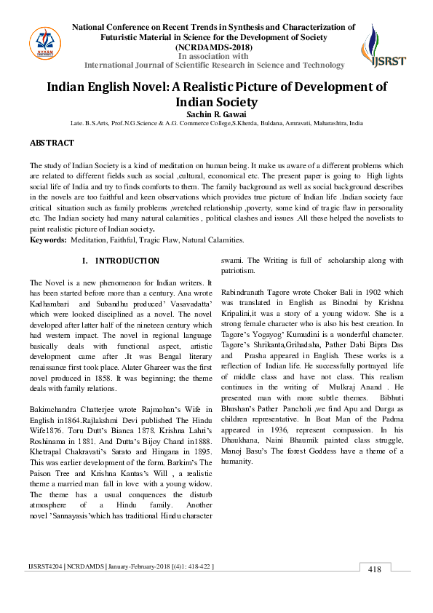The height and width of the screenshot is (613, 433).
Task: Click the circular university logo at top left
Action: tap(45, 45)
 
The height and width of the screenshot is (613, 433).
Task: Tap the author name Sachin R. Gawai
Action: tap(217, 114)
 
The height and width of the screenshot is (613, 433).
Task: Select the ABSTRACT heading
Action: tap(52, 143)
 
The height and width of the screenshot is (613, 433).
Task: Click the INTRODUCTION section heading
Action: tap(127, 261)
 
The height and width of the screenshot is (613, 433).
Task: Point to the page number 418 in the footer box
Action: tap(374, 590)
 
